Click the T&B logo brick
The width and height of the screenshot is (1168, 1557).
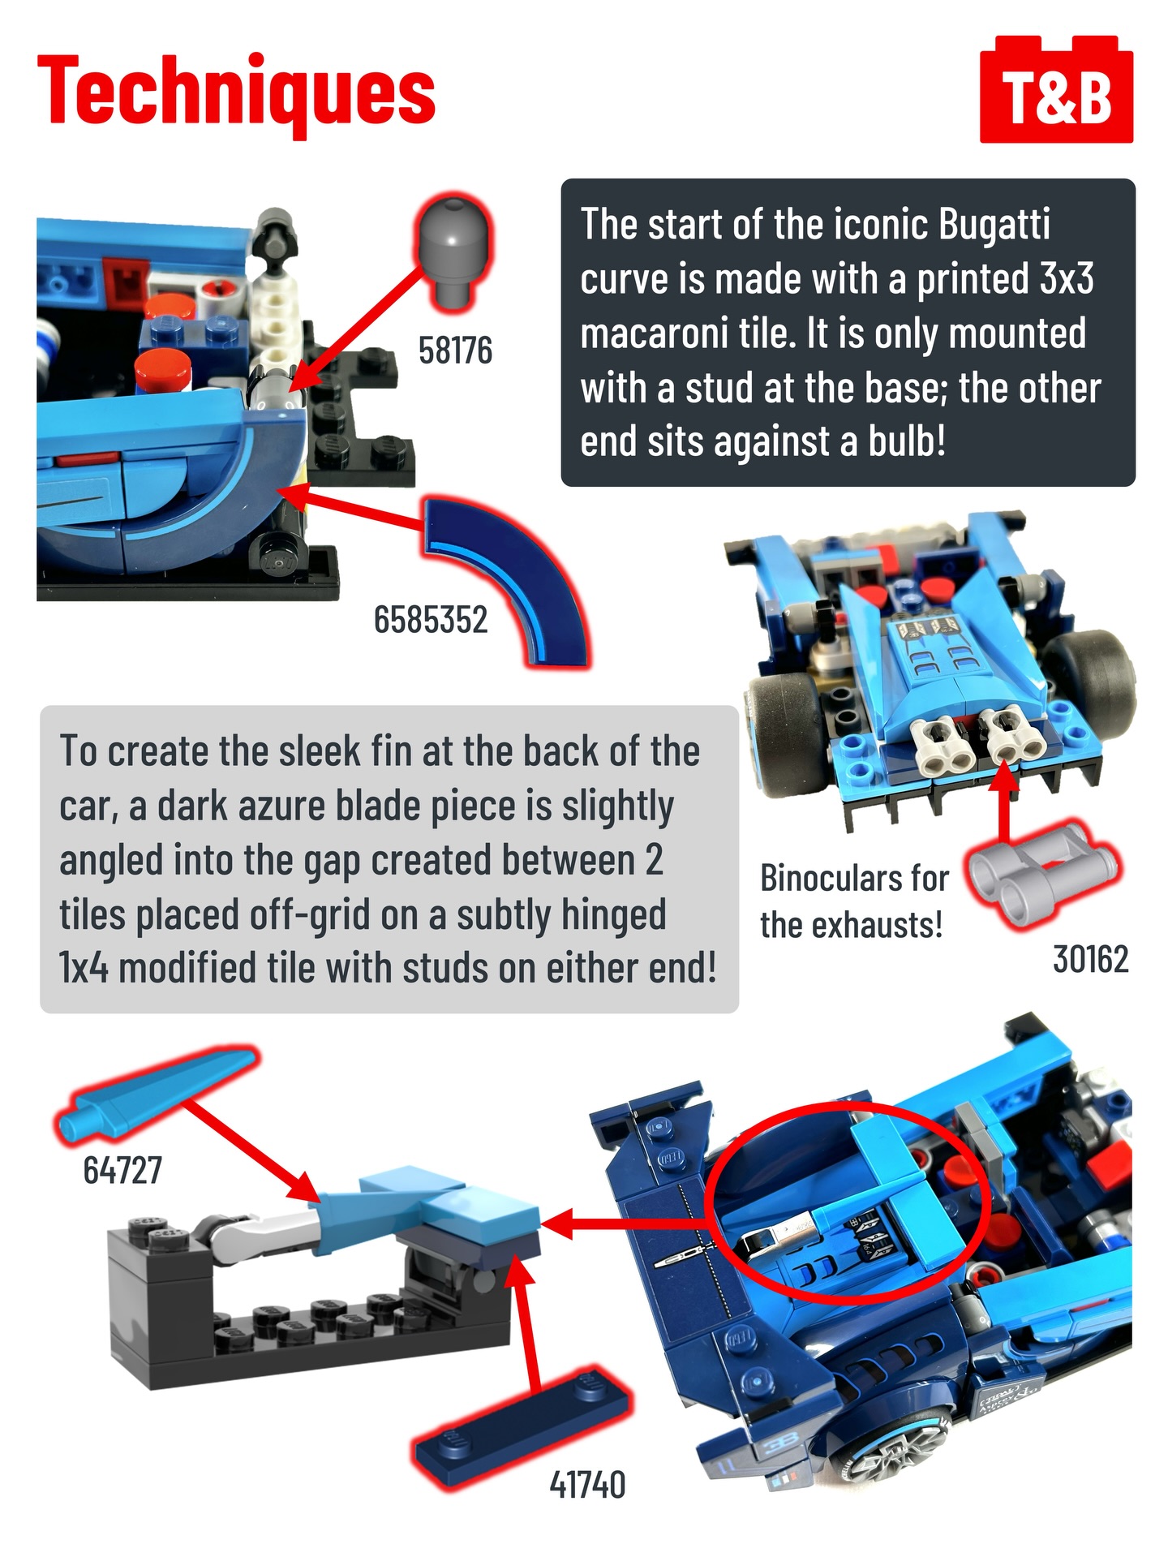click(x=1056, y=90)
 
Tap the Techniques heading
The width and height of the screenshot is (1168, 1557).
click(x=236, y=93)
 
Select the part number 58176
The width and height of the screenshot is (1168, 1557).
click(x=455, y=351)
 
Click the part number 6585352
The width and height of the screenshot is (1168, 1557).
click(x=431, y=620)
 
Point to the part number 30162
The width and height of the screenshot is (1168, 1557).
click(x=1091, y=959)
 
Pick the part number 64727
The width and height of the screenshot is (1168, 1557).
click(x=122, y=1170)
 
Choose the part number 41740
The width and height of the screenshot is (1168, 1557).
click(x=587, y=1485)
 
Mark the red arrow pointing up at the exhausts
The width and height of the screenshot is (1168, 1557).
click(x=1004, y=803)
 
